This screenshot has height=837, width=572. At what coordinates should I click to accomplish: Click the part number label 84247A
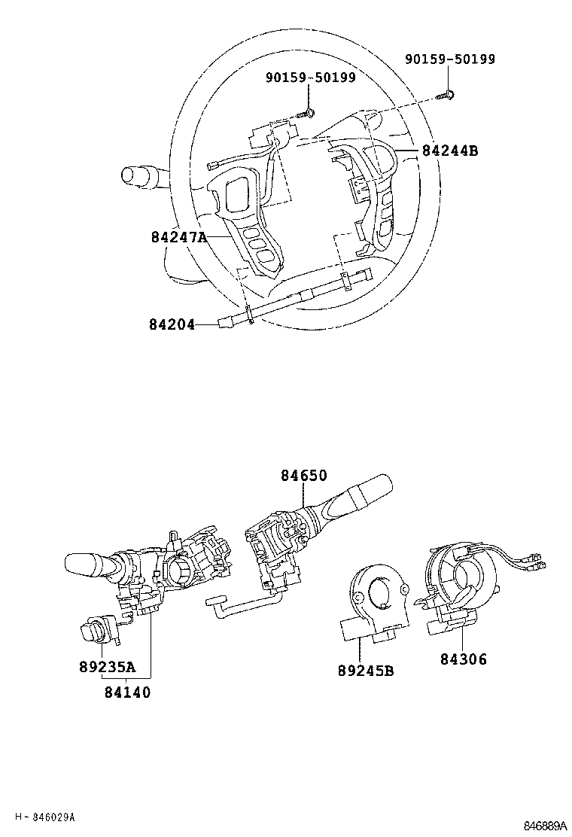click(178, 237)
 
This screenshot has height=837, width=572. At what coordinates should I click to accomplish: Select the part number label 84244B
click(449, 151)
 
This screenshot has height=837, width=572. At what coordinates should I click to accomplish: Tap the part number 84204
click(172, 325)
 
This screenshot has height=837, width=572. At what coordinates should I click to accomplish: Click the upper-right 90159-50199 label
click(450, 59)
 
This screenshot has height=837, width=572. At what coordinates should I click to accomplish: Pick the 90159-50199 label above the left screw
click(310, 78)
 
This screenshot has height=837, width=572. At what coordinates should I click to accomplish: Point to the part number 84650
click(304, 476)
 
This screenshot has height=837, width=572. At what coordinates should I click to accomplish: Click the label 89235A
click(107, 666)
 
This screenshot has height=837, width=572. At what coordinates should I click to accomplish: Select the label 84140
click(126, 692)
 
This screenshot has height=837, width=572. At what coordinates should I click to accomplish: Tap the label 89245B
click(365, 671)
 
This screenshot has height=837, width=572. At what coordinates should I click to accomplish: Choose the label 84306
click(464, 659)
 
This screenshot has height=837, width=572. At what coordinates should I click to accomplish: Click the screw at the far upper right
click(447, 96)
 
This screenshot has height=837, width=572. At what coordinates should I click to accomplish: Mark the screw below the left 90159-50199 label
click(309, 114)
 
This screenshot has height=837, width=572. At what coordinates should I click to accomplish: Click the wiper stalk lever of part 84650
click(354, 497)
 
